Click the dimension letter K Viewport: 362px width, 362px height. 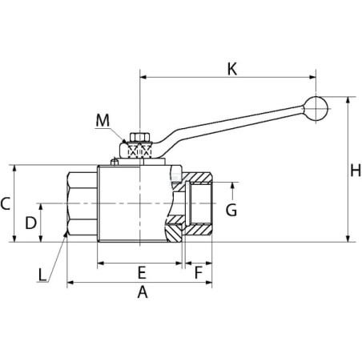pos(232,69)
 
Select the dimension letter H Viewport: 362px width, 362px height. pos(356,170)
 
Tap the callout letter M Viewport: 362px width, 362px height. pos(103,120)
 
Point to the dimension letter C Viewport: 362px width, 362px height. pos(6,203)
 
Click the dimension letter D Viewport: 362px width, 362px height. pos(30,223)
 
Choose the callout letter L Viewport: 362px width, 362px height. pos(42,275)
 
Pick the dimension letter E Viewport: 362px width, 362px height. pos(142,272)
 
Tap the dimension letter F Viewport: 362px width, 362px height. pos(199,272)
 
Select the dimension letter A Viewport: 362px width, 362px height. pos(143,292)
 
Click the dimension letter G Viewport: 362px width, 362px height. pos(231,210)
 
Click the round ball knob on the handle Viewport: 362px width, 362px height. pos(316,109)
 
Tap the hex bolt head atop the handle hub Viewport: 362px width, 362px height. pos(139,137)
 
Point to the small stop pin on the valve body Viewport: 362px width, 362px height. pos(115,162)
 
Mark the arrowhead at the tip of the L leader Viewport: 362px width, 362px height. pos(65,235)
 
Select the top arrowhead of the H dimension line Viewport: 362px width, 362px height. pos(348,100)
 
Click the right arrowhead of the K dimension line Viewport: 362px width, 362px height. pos(312,77)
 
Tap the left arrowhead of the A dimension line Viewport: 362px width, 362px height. pos(70,283)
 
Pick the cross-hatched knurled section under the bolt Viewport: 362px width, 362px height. pos(139,150)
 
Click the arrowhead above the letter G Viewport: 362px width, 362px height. pos(232,186)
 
